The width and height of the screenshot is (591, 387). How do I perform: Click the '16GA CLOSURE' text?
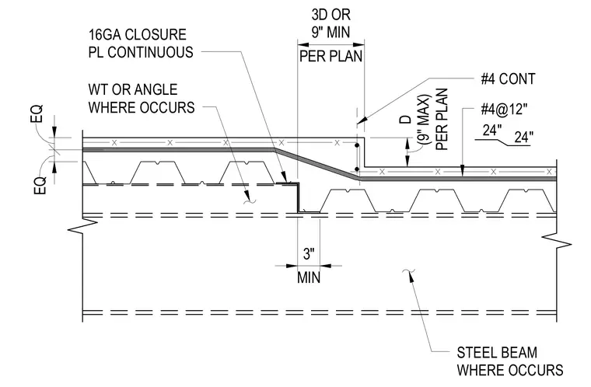tap(137, 35)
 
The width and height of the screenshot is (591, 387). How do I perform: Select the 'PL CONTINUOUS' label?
tap(141, 52)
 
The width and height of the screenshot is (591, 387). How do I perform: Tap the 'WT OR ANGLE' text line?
tap(133, 89)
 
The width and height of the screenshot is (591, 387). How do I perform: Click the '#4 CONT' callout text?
tap(508, 79)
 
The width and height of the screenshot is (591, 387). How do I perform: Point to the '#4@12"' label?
tap(504, 110)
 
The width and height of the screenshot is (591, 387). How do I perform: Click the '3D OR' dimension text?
tap(331, 15)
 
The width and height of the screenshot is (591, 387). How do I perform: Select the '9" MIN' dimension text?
tap(330, 32)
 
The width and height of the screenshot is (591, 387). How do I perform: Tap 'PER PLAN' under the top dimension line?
tap(331, 56)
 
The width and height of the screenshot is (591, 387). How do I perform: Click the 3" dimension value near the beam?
tap(309, 253)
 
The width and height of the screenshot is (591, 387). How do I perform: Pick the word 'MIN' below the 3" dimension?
tap(309, 277)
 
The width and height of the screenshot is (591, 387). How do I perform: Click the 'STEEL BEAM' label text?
tap(497, 353)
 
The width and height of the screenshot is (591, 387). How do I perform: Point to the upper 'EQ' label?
tap(37, 113)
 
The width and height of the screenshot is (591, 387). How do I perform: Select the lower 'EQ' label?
tap(40, 185)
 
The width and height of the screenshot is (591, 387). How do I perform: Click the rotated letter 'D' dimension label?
tap(405, 120)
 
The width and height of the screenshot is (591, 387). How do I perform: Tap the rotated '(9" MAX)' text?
tap(424, 120)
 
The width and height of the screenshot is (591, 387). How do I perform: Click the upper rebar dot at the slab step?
tap(357, 145)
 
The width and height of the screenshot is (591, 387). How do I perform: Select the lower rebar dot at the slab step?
tap(357, 169)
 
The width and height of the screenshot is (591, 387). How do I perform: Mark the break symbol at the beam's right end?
tap(557, 241)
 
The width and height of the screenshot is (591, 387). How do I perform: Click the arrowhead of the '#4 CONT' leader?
tap(362, 120)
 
